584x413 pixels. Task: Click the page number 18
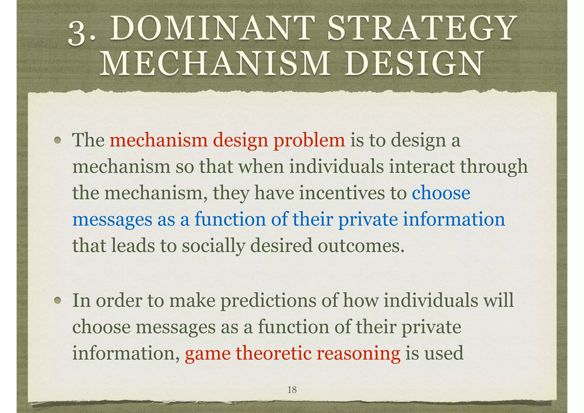pos(292,390)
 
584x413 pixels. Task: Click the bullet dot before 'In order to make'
pos(58,300)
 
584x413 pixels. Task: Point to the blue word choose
pos(441,193)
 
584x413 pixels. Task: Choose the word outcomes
pos(361,246)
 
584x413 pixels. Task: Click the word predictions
pos(268,301)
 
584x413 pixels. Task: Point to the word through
pos(494,167)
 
